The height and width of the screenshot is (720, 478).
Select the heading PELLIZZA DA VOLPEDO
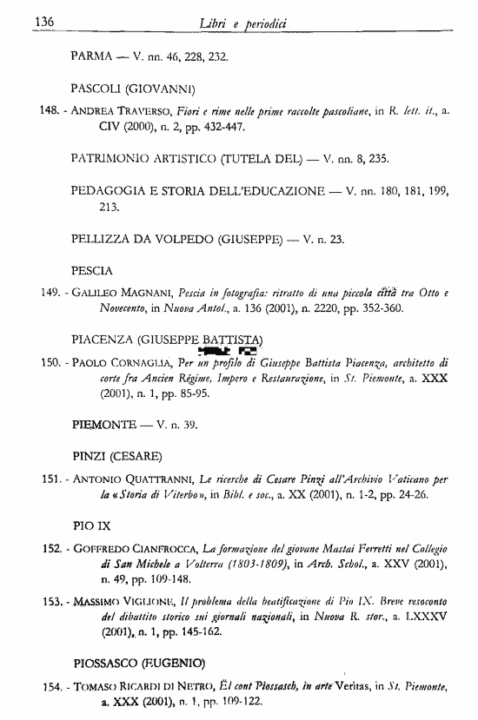(152, 238)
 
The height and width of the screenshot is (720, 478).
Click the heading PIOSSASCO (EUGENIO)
(140, 664)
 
